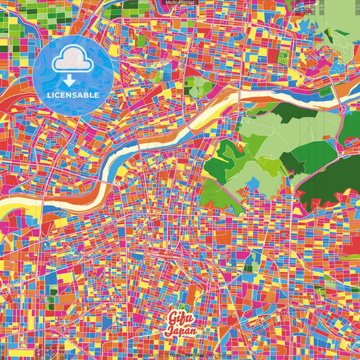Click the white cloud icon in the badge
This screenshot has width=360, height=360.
coord(72,61)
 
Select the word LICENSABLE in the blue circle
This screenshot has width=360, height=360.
coord(73,95)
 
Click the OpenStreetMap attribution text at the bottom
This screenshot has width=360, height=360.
coord(192,353)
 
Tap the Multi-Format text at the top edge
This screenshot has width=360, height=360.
coord(180,3)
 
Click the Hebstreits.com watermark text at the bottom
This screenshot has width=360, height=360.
coord(143,353)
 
